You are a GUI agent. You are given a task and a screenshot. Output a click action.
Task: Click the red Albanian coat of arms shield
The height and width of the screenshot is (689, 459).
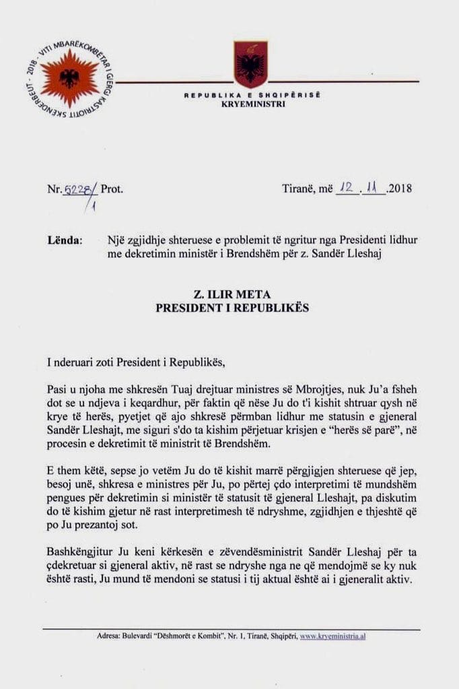point(250,64)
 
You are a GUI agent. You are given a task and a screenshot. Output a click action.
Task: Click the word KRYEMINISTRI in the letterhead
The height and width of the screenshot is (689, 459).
point(252,104)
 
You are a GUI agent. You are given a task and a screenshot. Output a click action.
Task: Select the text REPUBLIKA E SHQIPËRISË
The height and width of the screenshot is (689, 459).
point(252,96)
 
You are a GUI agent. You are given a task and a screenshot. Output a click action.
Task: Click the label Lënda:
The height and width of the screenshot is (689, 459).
point(66,240)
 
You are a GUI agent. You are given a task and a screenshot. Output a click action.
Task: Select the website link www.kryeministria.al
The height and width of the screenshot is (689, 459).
point(332,636)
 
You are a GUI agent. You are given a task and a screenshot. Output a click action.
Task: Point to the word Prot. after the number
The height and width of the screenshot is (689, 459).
point(112,189)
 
